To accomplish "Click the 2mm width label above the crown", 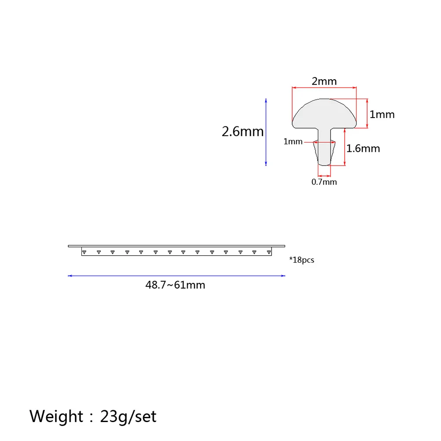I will point(324,81).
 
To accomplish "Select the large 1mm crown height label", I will point(382,114).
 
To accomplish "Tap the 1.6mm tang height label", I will point(363,148).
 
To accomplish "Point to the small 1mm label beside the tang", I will point(293,142).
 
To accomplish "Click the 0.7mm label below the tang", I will point(324,182).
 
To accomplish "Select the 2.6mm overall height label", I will point(243,132).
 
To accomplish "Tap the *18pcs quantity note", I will point(301,260).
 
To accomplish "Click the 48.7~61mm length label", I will point(175,285).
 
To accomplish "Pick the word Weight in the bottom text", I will point(56,415).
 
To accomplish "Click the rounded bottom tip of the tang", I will point(324,164).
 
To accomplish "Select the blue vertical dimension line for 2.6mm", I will point(266,132).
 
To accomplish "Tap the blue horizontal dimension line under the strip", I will point(176,276).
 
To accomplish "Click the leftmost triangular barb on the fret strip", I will point(85,252).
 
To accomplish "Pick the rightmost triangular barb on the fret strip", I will point(268,252).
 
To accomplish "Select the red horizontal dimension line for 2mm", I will point(324,88).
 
